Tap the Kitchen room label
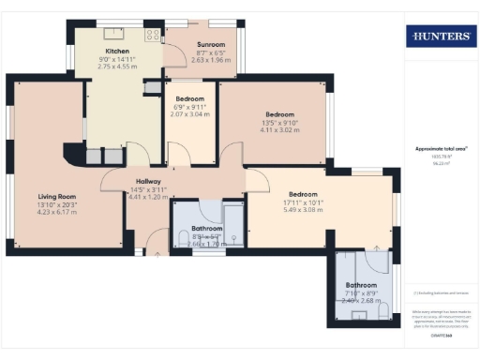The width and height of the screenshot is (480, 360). tap(117, 51)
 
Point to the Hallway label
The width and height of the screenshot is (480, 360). tap(149, 182)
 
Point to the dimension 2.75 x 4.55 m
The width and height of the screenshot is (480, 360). tap(117, 67)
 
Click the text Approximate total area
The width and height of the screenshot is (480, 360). tap(441, 148)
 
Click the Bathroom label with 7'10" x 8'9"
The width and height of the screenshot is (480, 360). tap(361, 284)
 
